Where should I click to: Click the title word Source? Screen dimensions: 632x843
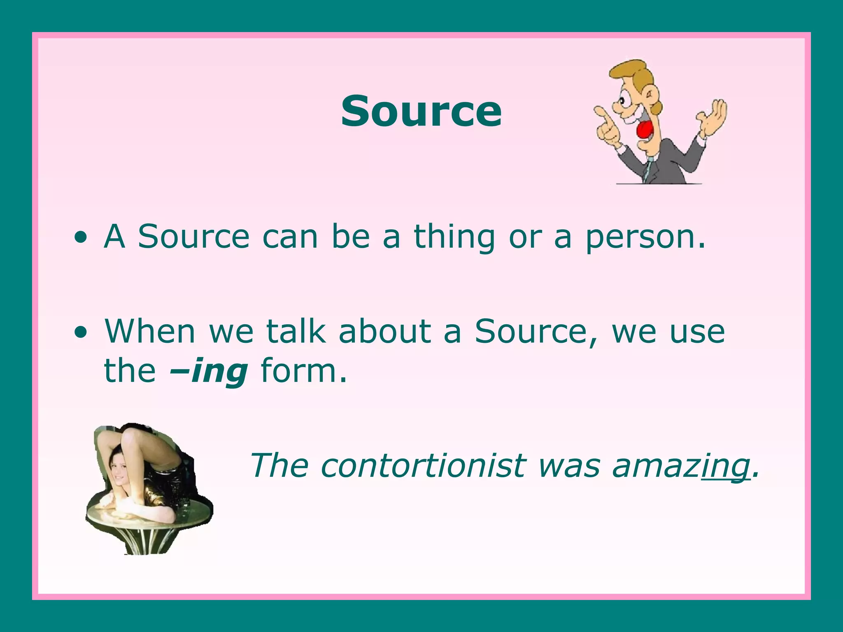point(421,111)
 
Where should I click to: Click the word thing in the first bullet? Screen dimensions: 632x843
point(454,237)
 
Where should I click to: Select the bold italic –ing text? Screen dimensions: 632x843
point(209,371)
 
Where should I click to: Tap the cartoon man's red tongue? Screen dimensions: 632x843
point(644,130)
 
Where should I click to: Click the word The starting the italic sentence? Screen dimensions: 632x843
point(279,466)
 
